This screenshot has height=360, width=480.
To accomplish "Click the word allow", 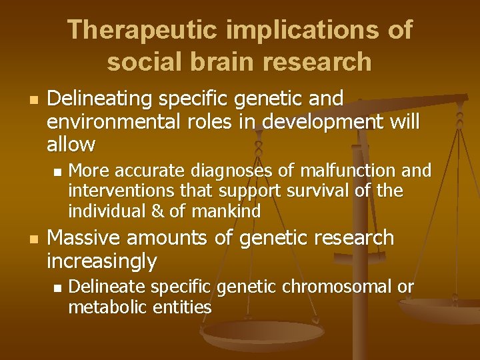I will pos(71,144).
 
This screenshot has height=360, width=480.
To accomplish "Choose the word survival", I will pos(321,191).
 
